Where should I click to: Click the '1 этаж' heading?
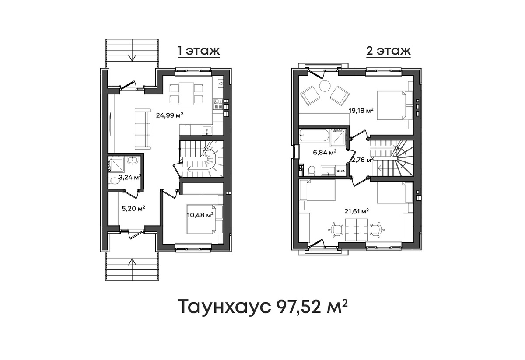pyautogui.click(x=199, y=51)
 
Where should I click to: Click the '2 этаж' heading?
pyautogui.click(x=388, y=51)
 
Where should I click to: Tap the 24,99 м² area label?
pyautogui.click(x=170, y=115)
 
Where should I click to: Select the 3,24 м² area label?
pyautogui.click(x=130, y=177)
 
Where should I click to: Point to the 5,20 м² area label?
pyautogui.click(x=133, y=208)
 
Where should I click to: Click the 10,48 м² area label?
pyautogui.click(x=200, y=215)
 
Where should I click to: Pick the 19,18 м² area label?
pyautogui.click(x=361, y=110)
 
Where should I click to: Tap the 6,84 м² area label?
pyautogui.click(x=325, y=153)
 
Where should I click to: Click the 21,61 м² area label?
pyautogui.click(x=357, y=211)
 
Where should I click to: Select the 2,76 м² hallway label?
pyautogui.click(x=362, y=160)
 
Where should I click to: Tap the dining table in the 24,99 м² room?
pyautogui.click(x=186, y=94)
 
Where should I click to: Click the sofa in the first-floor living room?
pyautogui.click(x=143, y=129)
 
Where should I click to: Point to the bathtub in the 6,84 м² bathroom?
pyautogui.click(x=315, y=135)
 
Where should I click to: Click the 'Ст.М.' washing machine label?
pyautogui.click(x=341, y=171)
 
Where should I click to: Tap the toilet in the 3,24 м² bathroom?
pyautogui.click(x=114, y=181)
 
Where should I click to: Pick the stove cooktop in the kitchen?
pyautogui.click(x=218, y=104)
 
